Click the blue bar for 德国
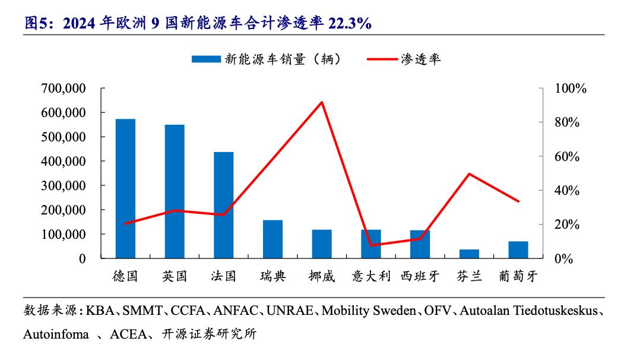pyautogui.click(x=125, y=189)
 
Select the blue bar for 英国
pyautogui.click(x=175, y=191)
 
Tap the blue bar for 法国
pyautogui.click(x=223, y=205)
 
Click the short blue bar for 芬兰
pyautogui.click(x=469, y=254)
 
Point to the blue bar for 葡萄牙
pyautogui.click(x=518, y=250)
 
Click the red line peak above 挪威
pyautogui.click(x=322, y=102)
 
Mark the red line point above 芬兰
pyautogui.click(x=469, y=174)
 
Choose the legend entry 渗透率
pyautogui.click(x=404, y=59)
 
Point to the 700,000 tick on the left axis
pyautogui.click(x=64, y=89)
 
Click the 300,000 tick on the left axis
pyautogui.click(x=64, y=186)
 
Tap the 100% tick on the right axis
pyautogui.click(x=570, y=89)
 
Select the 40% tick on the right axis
pyautogui.click(x=566, y=191)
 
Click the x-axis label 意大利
pyautogui.click(x=370, y=276)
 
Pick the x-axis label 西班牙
pyautogui.click(x=420, y=276)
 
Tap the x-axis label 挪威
pyautogui.click(x=322, y=276)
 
